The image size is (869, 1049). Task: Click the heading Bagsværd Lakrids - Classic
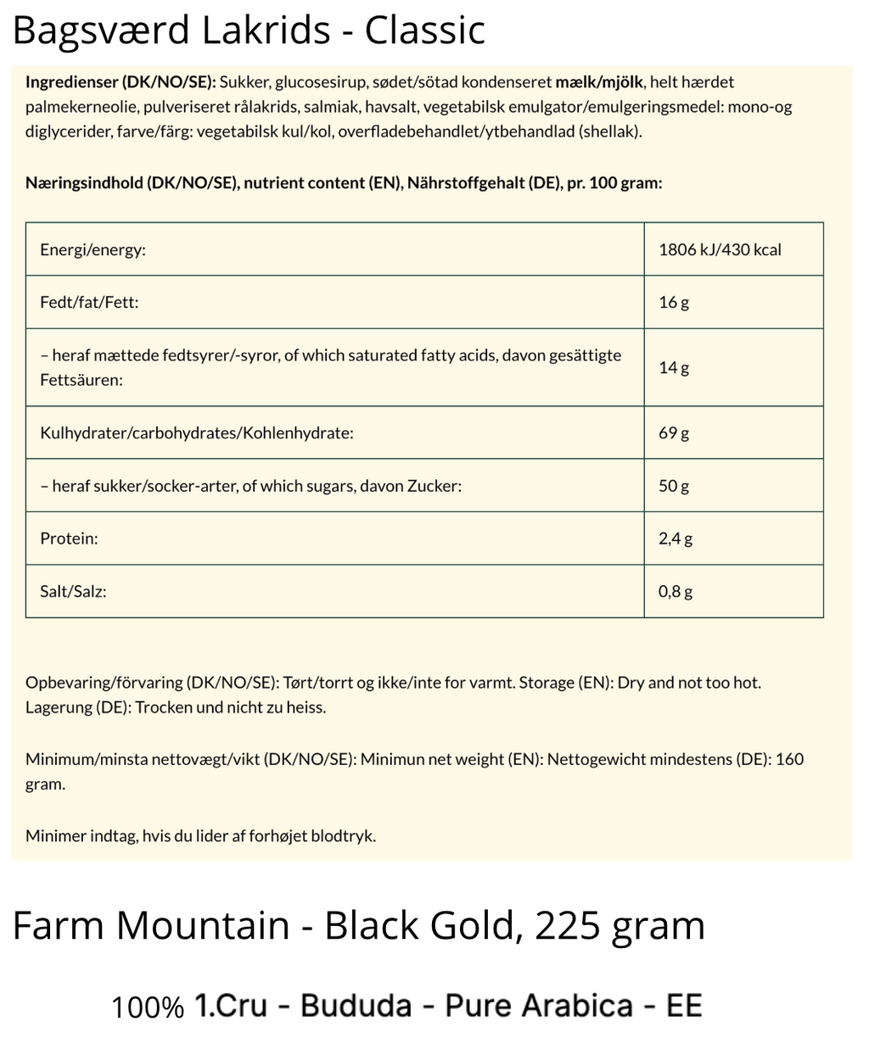pos(249,31)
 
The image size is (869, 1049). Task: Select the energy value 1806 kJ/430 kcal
pos(720,250)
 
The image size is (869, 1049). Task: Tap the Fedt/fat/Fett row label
pos(89,302)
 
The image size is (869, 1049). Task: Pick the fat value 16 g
pos(673,302)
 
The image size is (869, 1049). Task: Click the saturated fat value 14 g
pos(673,367)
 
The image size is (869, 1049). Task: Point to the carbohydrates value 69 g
pos(673,433)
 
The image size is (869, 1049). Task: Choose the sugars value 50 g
pos(673,486)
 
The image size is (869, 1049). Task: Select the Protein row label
pos(69,538)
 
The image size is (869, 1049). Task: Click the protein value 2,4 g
pos(675,538)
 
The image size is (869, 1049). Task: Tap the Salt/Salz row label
pos(73,591)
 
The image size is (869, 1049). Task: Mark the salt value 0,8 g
pos(675,591)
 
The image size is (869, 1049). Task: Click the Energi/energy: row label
pos(93,250)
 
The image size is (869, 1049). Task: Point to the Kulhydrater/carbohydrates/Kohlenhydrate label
pos(196,433)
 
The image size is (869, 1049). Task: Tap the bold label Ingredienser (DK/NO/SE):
pos(121,82)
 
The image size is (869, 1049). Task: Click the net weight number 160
pos(789,759)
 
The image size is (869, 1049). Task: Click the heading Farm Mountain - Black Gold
pos(263,925)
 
